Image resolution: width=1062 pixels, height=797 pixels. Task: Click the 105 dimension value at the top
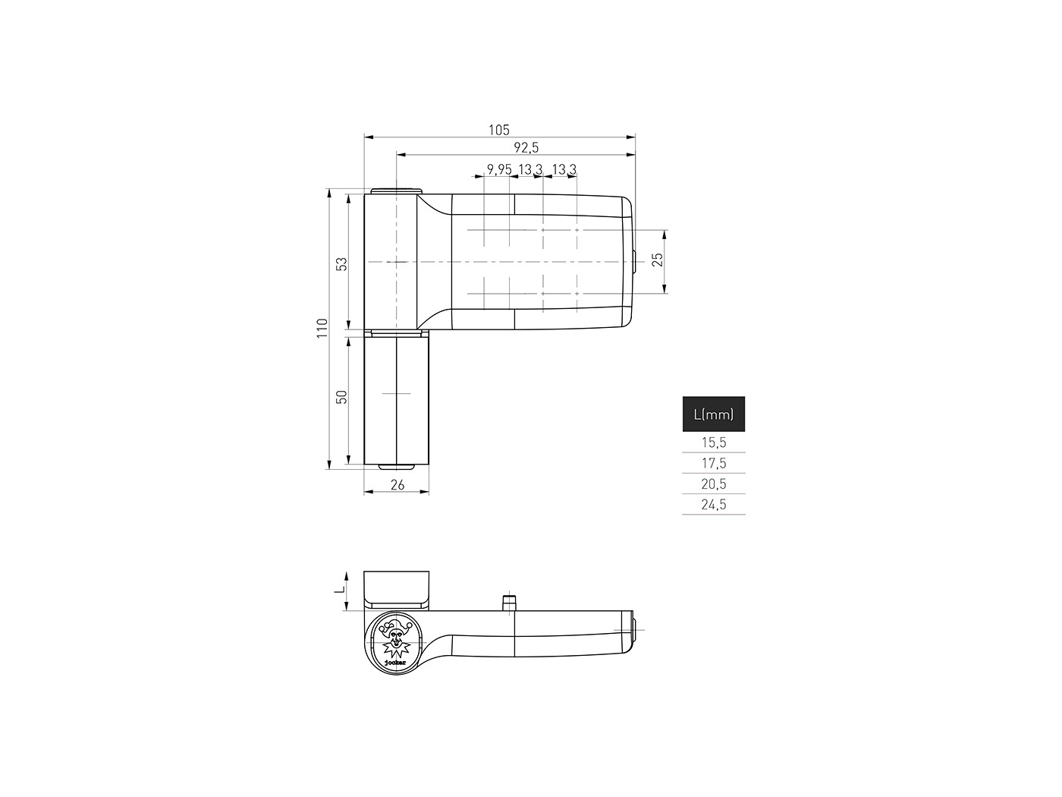pos(498,130)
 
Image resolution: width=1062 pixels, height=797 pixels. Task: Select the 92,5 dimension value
pos(526,148)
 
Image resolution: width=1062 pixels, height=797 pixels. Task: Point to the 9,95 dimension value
pos(499,169)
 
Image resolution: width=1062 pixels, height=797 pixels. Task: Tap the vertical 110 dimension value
pos(322,328)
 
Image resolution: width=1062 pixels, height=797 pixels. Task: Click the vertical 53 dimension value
pos(342,263)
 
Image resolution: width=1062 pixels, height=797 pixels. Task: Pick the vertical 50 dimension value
pos(342,396)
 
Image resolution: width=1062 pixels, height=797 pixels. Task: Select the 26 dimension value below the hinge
pos(397,485)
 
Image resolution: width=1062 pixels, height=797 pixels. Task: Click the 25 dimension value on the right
pos(658,259)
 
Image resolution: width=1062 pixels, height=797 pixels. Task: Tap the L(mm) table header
pos(713,414)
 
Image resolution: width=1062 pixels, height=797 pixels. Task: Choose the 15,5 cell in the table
pos(713,443)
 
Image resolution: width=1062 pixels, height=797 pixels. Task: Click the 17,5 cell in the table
pos(713,463)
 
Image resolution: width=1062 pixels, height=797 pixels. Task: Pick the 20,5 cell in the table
pos(713,484)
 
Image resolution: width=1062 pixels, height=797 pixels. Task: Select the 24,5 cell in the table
pos(713,504)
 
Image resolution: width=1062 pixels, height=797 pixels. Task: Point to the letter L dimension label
pos(341,589)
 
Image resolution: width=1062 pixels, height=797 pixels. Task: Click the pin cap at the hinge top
pos(397,190)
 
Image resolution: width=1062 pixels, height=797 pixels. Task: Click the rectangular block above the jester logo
pos(397,588)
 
